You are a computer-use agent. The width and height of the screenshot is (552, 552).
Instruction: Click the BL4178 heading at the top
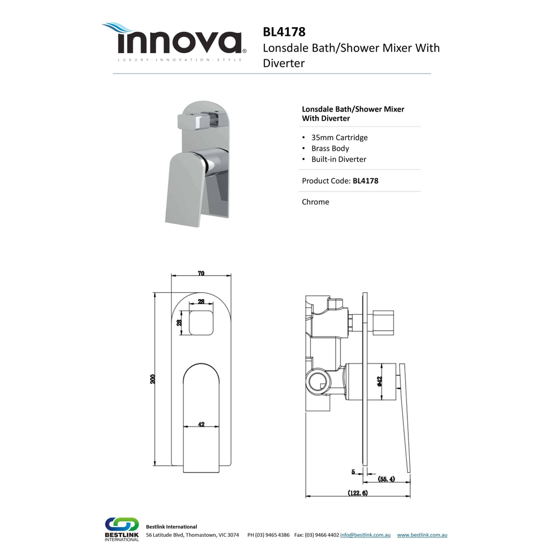point(284,32)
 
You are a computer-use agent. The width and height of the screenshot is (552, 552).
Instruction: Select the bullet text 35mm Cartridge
point(339,137)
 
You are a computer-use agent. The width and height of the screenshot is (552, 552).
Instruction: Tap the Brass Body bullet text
point(330,148)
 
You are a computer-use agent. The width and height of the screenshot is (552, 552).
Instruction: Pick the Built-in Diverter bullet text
point(339,159)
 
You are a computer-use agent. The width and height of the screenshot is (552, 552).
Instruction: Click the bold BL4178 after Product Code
point(365,180)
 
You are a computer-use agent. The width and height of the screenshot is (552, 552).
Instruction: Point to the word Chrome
point(315,202)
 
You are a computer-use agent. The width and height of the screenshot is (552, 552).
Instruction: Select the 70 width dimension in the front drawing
point(201,274)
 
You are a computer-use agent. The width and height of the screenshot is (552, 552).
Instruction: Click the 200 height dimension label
point(153,379)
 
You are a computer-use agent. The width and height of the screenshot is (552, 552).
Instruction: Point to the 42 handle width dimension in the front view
point(201,424)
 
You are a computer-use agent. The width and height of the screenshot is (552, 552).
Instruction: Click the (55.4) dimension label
point(386,479)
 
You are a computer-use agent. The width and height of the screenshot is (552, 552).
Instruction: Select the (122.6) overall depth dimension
point(358,493)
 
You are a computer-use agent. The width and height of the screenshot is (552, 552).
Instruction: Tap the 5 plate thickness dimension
point(353,472)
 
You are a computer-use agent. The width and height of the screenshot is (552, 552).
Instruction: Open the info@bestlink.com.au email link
point(365,535)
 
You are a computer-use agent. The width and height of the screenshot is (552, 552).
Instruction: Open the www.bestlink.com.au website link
point(422,535)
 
